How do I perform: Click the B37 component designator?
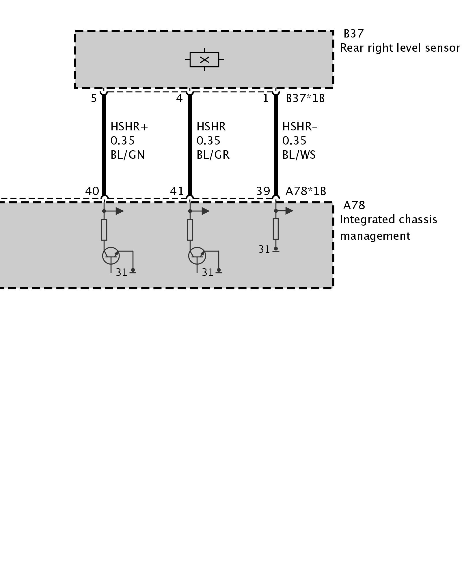coord(353,34)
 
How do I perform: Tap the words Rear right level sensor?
coord(400,48)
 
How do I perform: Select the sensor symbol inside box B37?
coord(204,60)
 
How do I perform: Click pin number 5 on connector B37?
coord(94,99)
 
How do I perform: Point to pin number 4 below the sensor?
coord(179,99)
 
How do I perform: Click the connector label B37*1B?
coord(305,99)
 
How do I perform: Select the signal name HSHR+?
coord(129,127)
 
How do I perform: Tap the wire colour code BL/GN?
coord(127,155)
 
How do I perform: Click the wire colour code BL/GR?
coord(213,155)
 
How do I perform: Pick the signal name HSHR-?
coord(300,127)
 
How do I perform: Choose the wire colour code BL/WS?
coord(299,155)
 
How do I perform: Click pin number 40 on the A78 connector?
coord(92,191)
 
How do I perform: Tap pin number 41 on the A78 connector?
coord(177,191)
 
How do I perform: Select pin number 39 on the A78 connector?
coord(263,191)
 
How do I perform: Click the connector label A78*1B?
coord(306,191)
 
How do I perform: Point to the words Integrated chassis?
coord(388,220)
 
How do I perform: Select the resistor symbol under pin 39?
coord(276,229)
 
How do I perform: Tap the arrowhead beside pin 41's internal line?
coord(205,211)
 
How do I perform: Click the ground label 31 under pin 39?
coord(264,249)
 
